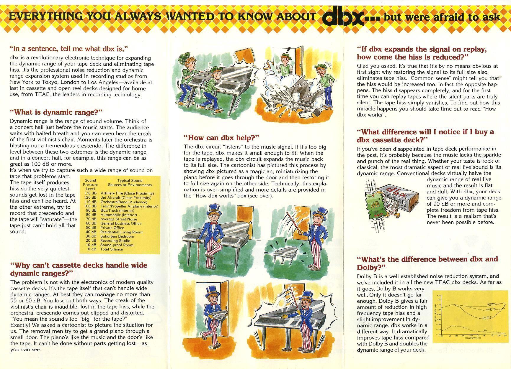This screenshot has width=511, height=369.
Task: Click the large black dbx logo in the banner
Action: click(x=342, y=17)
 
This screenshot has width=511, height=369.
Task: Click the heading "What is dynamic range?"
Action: click(x=56, y=112)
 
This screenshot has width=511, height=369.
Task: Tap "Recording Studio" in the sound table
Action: click(x=113, y=240)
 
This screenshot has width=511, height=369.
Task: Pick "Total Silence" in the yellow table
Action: click(x=111, y=249)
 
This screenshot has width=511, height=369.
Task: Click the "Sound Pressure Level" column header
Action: click(x=90, y=185)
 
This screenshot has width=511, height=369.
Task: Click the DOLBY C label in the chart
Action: click(x=487, y=317)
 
